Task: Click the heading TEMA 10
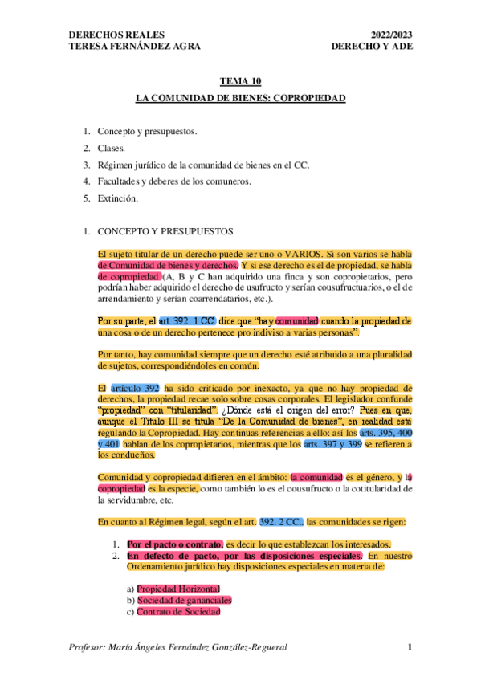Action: [x=240, y=82]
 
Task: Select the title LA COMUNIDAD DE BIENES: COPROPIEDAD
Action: [x=240, y=98]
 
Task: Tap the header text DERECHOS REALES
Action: [x=117, y=35]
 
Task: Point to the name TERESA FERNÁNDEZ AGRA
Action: [x=135, y=46]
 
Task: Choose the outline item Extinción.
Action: [x=118, y=198]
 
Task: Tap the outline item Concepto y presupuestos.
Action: [x=147, y=131]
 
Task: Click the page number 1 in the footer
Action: [x=409, y=647]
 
